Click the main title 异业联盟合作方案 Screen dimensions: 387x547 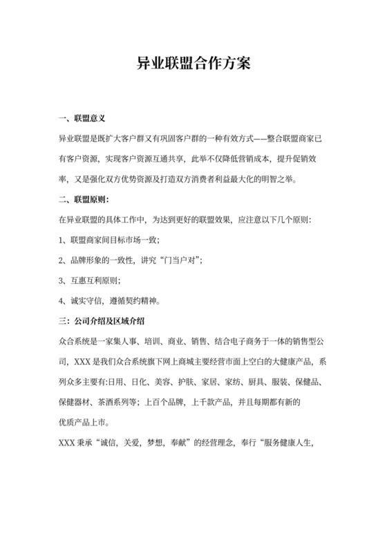coord(193,64)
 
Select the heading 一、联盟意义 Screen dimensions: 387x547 coord(83,119)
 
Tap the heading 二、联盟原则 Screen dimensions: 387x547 coord(83,200)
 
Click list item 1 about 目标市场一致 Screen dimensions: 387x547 coord(110,240)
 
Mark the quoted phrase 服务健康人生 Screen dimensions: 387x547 coord(304,441)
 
